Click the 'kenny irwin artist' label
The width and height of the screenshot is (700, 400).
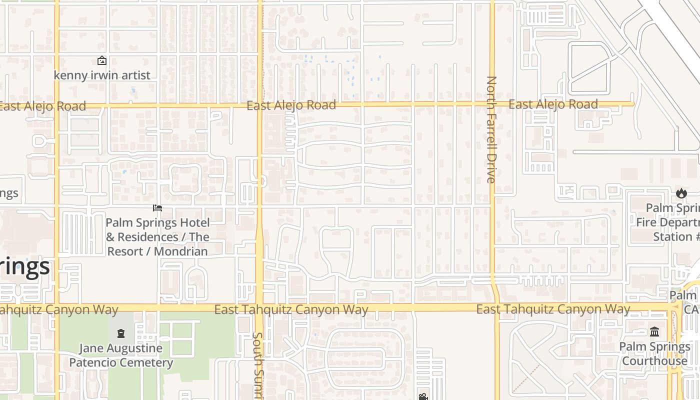click(102, 75)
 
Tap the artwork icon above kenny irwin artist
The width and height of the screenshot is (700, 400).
click(102, 60)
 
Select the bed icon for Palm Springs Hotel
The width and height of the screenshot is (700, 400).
click(157, 208)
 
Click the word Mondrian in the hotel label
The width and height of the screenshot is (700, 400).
click(180, 251)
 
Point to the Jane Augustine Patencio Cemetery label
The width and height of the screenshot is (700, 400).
click(121, 355)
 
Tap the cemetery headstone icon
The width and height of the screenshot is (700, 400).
click(121, 333)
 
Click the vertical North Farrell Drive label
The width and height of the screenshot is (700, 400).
click(491, 129)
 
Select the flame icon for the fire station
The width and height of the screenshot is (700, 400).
click(681, 193)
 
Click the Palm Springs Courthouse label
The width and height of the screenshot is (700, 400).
click(654, 353)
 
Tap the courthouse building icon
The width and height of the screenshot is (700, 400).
click(654, 331)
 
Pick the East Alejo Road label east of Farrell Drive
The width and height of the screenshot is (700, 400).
click(553, 104)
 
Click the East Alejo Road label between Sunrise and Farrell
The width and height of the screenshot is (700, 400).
click(291, 105)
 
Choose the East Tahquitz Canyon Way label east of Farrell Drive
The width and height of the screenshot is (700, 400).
click(553, 309)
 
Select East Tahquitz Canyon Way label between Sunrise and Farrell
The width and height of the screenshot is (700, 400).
click(291, 309)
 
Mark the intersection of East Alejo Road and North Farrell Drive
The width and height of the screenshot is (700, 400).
click(492, 104)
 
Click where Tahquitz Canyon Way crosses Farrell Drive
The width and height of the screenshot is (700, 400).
click(495, 308)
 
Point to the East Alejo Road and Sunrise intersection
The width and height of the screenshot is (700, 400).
click(259, 105)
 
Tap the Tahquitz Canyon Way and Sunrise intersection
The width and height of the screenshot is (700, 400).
click(259, 308)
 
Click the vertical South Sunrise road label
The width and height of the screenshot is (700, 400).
click(258, 365)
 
